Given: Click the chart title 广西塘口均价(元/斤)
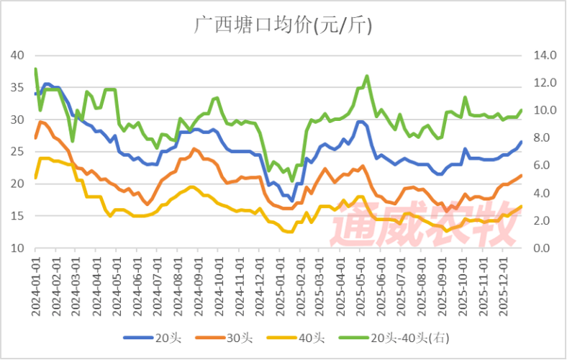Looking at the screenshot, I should coord(283,26).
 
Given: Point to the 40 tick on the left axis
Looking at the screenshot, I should coord(17,55).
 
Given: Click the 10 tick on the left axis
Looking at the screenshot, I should coord(17,248).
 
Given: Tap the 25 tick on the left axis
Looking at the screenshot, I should coord(17,151).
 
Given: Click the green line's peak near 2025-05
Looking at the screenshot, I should coord(367,76).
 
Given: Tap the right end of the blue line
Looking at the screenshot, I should coord(521,142).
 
